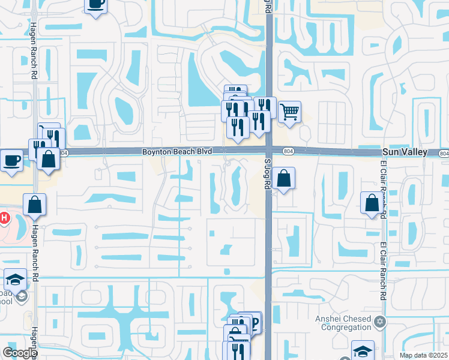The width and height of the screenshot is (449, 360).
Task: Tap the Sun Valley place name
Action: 405,152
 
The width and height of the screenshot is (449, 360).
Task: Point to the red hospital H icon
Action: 3,217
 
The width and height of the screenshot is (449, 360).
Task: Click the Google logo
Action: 20,353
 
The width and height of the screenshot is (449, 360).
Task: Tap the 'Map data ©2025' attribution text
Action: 423,355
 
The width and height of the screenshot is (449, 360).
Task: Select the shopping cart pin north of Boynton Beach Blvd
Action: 289,111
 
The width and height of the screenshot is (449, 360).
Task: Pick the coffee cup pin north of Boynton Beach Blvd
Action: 96,5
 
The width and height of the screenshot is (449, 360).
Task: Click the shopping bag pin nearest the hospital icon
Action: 35,204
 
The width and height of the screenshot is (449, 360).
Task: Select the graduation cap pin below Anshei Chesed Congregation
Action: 363,350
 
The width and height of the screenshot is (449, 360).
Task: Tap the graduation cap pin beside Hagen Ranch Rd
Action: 15,279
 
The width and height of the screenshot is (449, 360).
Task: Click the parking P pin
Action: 254,322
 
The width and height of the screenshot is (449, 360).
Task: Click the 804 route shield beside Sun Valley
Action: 443,154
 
